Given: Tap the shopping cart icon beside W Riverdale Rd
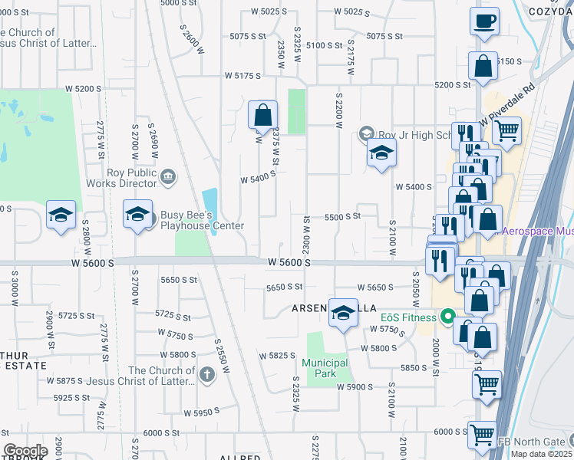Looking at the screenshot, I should point(506,132).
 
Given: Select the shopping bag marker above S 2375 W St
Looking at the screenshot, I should point(262,116).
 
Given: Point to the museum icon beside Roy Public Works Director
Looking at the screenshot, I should point(167,177).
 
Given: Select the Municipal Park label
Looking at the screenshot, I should point(325,368).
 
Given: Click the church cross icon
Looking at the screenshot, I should point(206,375).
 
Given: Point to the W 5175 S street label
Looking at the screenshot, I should point(242,76).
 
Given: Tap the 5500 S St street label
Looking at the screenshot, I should point(342,217).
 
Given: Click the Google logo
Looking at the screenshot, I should point(25,450).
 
